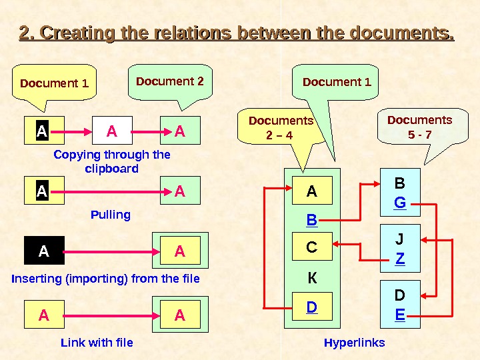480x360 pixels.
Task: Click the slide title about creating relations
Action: (x=237, y=33)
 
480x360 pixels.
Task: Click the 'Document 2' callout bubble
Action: (x=170, y=82)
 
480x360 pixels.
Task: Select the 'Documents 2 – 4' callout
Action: (x=281, y=129)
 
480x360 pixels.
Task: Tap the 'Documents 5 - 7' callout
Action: (x=419, y=128)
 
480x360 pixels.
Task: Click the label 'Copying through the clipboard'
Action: (x=111, y=161)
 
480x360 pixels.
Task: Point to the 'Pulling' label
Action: (x=110, y=215)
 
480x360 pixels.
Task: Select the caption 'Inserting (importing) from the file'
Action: (x=105, y=278)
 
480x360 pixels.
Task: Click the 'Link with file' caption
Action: (x=97, y=343)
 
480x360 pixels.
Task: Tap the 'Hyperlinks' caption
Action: (x=354, y=343)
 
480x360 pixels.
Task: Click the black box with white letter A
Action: (x=44, y=251)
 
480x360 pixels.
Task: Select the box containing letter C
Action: (x=311, y=248)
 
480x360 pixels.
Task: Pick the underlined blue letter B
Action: (x=311, y=219)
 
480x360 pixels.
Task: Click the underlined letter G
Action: (x=400, y=201)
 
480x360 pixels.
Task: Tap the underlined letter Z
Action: (x=400, y=257)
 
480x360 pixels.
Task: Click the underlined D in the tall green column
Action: (x=311, y=308)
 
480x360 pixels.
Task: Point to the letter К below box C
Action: (x=311, y=277)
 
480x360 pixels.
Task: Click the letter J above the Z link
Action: (x=400, y=239)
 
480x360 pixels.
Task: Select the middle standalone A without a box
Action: (x=112, y=132)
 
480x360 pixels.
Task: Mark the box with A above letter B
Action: (x=311, y=192)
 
